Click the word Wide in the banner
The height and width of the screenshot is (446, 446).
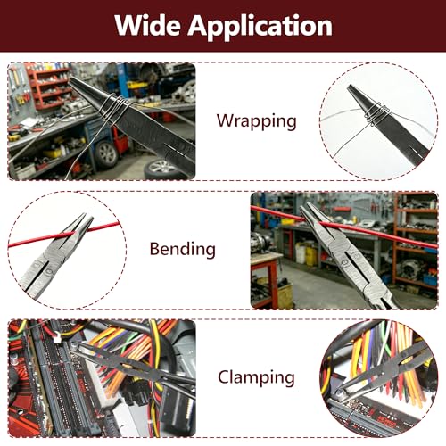(147, 26)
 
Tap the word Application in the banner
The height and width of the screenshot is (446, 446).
(260, 27)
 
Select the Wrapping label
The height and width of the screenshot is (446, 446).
(257, 121)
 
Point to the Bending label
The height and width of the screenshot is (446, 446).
(183, 249)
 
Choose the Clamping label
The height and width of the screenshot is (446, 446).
(256, 377)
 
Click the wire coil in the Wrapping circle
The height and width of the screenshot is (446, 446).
(376, 114)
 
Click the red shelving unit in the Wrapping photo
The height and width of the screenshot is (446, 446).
(49, 87)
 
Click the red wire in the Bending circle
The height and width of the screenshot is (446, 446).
(64, 235)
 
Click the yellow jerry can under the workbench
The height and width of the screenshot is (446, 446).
(310, 255)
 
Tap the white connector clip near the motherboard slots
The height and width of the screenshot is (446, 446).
(56, 337)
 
